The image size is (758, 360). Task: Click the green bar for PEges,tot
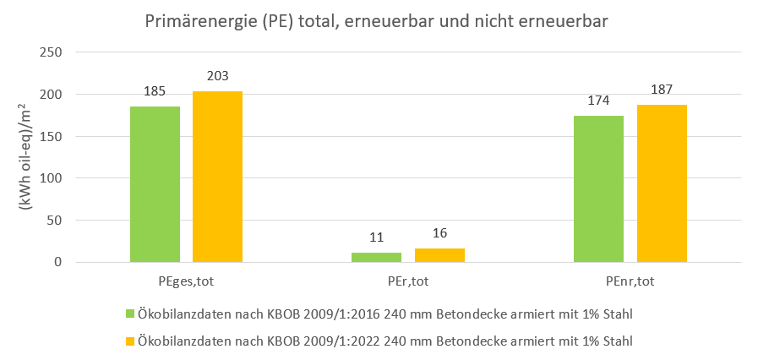tap(155, 184)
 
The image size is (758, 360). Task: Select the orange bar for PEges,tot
tap(217, 177)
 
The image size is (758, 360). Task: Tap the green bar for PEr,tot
tap(376, 257)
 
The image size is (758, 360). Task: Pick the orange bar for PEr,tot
tap(439, 255)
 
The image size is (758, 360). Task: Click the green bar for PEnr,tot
tap(598, 188)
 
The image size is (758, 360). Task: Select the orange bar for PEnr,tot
tap(662, 183)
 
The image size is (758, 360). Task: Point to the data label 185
tap(155, 90)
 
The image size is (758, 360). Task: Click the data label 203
tap(217, 76)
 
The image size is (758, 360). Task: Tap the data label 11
tap(376, 237)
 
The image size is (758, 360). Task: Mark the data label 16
tap(439, 233)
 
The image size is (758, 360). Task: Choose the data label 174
tap(598, 101)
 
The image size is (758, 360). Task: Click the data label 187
tap(662, 90)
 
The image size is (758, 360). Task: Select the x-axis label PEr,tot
tap(408, 280)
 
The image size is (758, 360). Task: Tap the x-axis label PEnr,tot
tap(630, 280)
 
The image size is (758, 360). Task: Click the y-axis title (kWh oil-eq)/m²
tap(26, 157)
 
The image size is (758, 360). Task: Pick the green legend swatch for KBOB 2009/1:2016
tap(131, 314)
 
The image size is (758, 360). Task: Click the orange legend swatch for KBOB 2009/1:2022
tap(131, 341)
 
